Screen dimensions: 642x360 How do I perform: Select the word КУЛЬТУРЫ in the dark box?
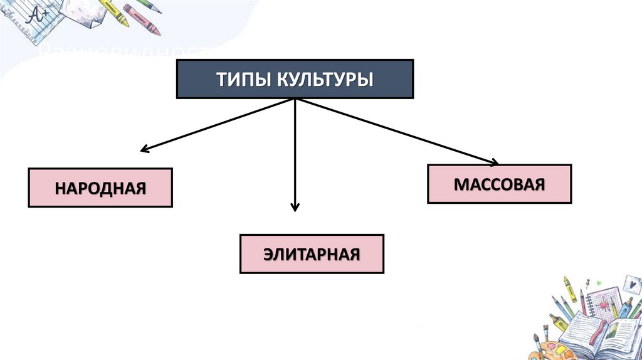[323, 80]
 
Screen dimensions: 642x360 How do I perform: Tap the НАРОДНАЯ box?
[100, 188]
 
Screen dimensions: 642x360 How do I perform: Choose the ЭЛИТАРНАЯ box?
[312, 254]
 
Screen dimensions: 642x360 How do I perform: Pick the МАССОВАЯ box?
[499, 184]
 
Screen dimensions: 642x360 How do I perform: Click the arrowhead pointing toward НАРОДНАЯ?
[144, 150]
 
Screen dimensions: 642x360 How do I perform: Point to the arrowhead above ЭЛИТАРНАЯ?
[295, 206]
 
